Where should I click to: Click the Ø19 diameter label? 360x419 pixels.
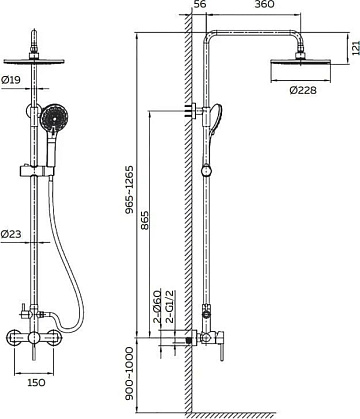11,80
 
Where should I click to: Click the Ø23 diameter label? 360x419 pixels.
11,234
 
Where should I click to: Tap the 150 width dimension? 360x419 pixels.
36,382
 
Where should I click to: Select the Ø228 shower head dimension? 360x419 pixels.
303,90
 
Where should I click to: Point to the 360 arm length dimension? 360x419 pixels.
264,4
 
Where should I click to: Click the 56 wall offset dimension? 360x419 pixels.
200,4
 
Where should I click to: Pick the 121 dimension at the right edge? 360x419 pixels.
356,47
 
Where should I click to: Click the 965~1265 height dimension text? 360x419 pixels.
129,189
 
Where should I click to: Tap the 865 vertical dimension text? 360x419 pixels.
145,220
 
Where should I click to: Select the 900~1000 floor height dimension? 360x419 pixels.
129,373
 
